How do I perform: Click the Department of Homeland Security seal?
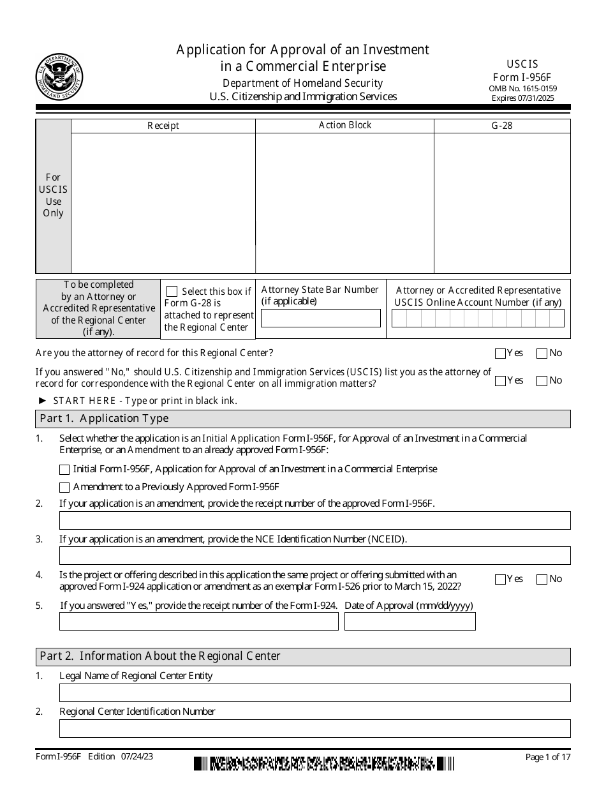click(x=59, y=77)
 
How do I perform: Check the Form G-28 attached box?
click(x=172, y=292)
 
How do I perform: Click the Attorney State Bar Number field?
click(x=321, y=318)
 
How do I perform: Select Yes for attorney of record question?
click(x=501, y=354)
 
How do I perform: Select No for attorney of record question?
click(x=542, y=354)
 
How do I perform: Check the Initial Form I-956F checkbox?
click(x=64, y=470)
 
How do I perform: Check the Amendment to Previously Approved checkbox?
click(x=64, y=488)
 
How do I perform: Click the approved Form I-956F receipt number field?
click(x=314, y=520)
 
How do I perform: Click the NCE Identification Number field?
click(x=314, y=556)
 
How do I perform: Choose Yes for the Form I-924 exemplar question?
click(x=501, y=579)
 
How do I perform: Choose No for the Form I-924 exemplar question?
click(x=542, y=579)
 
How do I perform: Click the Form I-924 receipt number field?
click(x=198, y=622)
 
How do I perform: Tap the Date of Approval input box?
click(x=410, y=622)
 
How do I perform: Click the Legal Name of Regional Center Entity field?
click(x=314, y=692)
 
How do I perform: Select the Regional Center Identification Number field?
click(x=314, y=728)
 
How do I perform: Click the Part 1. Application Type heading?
click(x=105, y=419)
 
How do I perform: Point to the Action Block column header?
click(x=344, y=126)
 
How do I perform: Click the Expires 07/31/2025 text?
click(x=522, y=98)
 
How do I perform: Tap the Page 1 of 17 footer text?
click(x=547, y=757)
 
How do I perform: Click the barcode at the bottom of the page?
click(x=324, y=763)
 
